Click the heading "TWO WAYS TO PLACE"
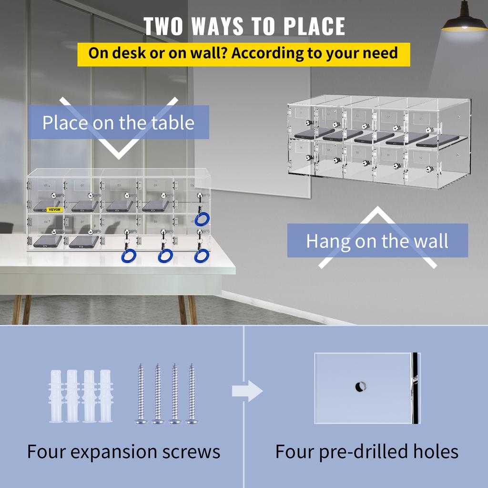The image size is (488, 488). tap(244, 26)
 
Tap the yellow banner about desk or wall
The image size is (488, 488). tap(244, 53)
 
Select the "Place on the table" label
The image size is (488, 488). tap(118, 122)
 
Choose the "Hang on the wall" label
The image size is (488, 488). tap(377, 241)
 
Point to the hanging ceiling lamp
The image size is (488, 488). tap(464, 21)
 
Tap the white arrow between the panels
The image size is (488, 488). tap(247, 392)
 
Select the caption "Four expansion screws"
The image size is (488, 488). tap(123, 451)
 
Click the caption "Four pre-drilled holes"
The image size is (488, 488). tap(366, 451)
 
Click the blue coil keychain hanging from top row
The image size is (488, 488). tap(202, 219)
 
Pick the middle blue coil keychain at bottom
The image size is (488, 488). tap(165, 256)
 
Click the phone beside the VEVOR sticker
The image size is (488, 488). tap(46, 206)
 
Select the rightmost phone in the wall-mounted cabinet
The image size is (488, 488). tap(434, 141)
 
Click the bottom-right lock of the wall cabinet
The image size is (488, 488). tap(430, 169)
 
